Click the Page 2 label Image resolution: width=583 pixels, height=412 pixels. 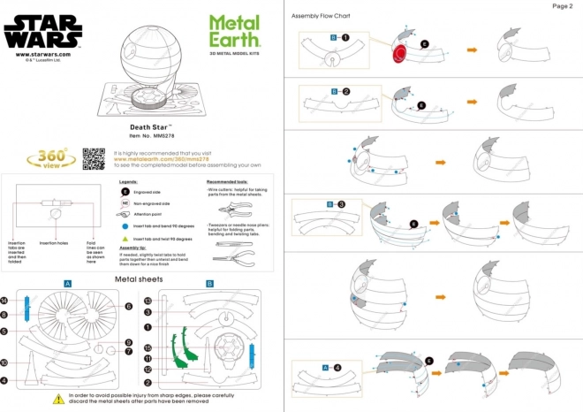[563, 6]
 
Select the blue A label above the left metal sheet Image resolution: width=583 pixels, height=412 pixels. [67, 284]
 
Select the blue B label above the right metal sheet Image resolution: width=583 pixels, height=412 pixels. [208, 284]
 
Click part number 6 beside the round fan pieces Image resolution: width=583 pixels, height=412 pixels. [129, 307]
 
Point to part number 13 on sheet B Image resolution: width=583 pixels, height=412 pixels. [148, 301]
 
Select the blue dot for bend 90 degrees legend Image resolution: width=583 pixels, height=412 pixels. [125, 226]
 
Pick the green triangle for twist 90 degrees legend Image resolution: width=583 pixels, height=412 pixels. [125, 239]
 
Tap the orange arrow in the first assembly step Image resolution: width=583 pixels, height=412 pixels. [472, 50]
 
